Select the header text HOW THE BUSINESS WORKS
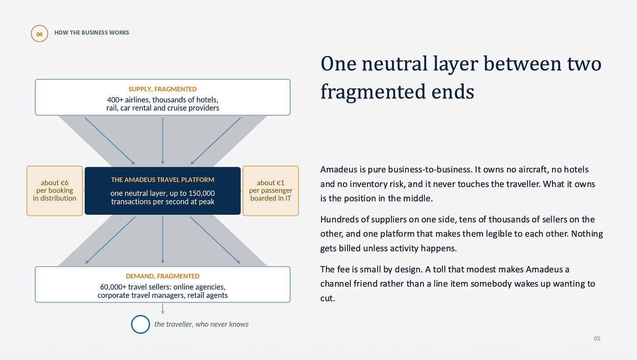click(91, 33)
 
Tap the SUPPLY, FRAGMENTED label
click(163, 89)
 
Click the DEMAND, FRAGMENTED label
click(163, 276)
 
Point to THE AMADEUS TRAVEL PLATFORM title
click(163, 180)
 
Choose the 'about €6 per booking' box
click(55, 191)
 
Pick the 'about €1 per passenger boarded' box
click(271, 191)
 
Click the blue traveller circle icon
click(140, 316)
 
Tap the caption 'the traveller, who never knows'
click(201, 324)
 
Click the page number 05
click(597, 339)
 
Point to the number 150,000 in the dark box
click(202, 193)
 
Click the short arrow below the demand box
click(163, 308)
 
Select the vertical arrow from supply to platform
click(163, 141)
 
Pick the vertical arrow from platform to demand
click(163, 240)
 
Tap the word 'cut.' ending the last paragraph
click(328, 298)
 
